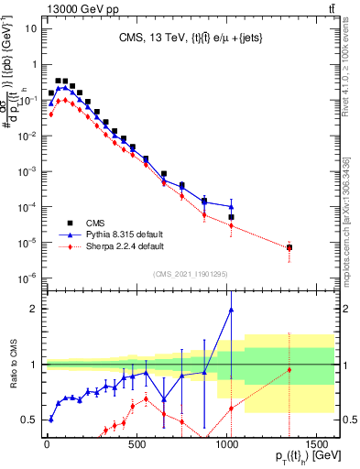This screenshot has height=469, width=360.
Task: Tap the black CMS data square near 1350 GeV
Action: [289, 247]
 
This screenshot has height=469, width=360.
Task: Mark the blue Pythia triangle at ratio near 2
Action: [231, 310]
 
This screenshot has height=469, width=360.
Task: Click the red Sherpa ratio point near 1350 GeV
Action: [289, 369]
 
